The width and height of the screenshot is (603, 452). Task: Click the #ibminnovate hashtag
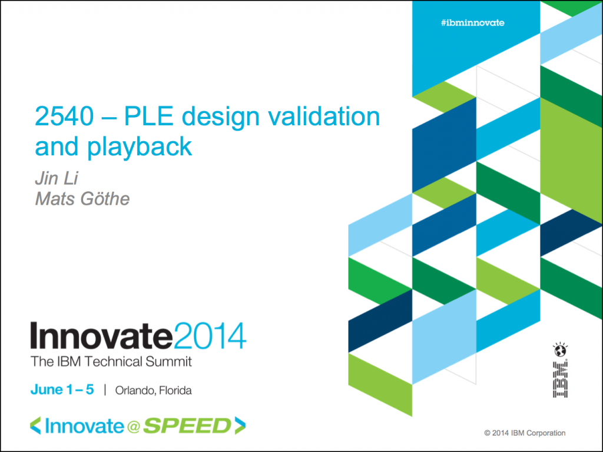click(x=473, y=23)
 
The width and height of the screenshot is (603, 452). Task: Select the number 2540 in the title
click(x=64, y=116)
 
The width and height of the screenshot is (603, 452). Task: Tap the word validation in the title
click(x=324, y=116)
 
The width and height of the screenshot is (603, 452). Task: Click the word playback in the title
click(x=140, y=147)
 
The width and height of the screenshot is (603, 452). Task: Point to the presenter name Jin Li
click(x=57, y=178)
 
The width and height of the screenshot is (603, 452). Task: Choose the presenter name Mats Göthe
click(x=82, y=199)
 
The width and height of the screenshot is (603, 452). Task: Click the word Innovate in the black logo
click(x=101, y=336)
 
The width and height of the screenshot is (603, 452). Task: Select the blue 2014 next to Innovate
click(x=210, y=336)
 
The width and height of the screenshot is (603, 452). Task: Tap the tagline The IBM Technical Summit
click(x=111, y=362)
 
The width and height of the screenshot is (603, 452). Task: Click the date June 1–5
click(x=62, y=390)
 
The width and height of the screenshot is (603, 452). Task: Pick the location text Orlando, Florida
click(x=154, y=391)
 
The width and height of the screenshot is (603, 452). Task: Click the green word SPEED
click(x=187, y=426)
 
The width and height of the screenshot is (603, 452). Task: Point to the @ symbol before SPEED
click(x=133, y=427)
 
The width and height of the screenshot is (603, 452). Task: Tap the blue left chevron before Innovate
click(x=35, y=426)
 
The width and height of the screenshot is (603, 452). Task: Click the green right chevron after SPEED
click(x=240, y=426)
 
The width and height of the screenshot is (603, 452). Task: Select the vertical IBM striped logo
click(x=561, y=380)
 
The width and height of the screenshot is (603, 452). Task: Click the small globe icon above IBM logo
click(x=561, y=350)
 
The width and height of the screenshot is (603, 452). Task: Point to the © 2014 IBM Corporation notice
click(x=525, y=433)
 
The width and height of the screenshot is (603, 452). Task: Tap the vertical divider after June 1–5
click(x=105, y=390)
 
